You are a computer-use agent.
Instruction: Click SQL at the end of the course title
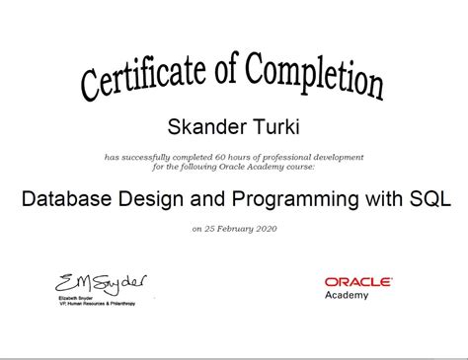pyautogui.click(x=429, y=198)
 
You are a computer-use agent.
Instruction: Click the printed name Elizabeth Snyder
pyautogui.click(x=77, y=298)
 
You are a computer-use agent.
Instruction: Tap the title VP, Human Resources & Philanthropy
pyautogui.click(x=97, y=304)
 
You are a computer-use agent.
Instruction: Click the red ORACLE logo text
pyautogui.click(x=358, y=281)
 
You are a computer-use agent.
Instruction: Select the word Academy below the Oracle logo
pyautogui.click(x=347, y=295)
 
